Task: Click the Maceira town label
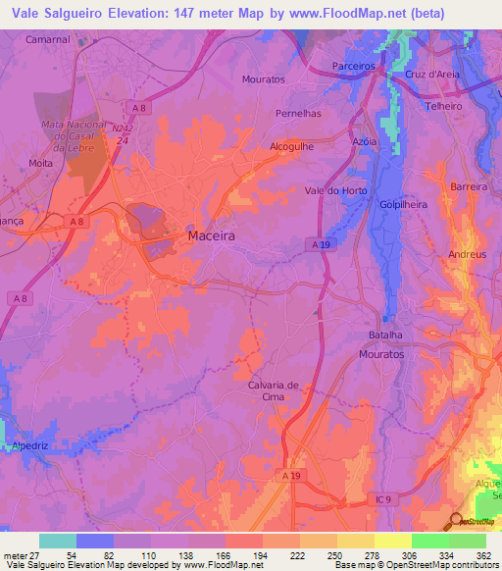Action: click(x=211, y=236)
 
